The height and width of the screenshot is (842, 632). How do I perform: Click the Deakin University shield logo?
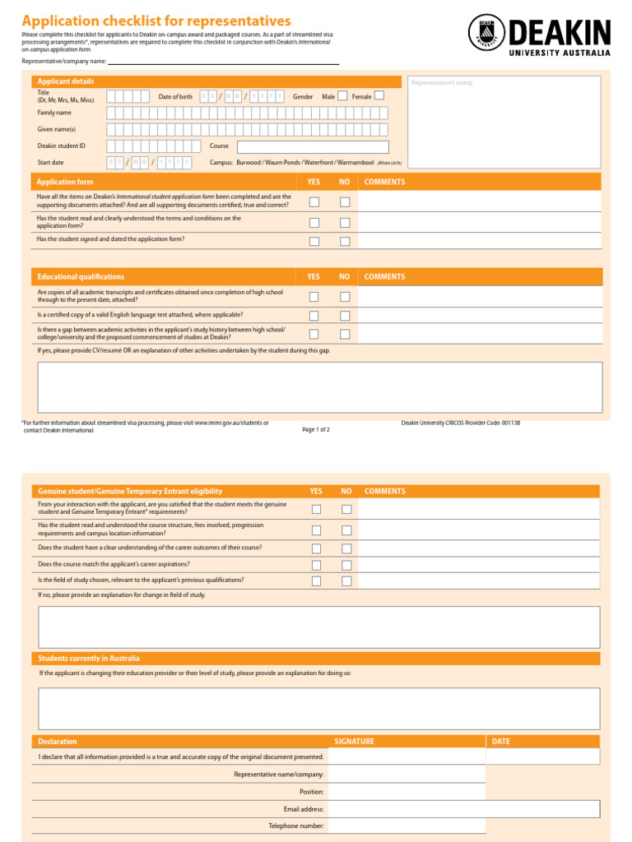click(x=486, y=34)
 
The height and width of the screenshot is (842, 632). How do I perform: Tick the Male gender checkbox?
click(x=342, y=96)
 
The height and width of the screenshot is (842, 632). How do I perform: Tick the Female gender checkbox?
click(x=379, y=96)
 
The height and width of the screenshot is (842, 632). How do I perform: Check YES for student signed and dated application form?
click(x=314, y=242)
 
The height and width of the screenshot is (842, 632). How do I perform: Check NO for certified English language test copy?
click(x=345, y=316)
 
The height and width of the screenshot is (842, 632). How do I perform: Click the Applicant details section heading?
click(x=66, y=81)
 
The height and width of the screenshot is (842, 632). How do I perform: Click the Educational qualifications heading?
click(x=81, y=277)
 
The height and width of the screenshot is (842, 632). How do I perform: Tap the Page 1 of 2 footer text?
click(x=316, y=429)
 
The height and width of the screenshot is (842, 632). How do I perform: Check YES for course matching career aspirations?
click(x=316, y=565)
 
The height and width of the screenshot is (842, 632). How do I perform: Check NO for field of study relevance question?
click(x=346, y=581)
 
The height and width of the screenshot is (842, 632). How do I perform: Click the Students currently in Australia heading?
click(x=89, y=659)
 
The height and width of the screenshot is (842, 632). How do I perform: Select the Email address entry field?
click(x=463, y=809)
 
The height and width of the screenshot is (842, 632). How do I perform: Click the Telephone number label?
click(x=295, y=826)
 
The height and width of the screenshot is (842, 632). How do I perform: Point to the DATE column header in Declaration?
click(x=500, y=742)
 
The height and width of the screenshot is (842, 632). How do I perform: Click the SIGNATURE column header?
click(x=354, y=742)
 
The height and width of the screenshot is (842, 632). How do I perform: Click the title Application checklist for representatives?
click(x=156, y=21)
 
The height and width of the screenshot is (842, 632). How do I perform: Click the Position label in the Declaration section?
click(x=311, y=792)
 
